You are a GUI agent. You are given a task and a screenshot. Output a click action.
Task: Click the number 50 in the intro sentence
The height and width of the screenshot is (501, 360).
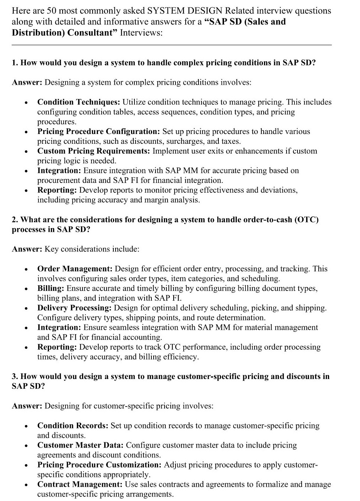[50, 11]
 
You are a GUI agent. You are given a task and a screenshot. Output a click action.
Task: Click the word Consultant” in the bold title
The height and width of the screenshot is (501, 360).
[92, 32]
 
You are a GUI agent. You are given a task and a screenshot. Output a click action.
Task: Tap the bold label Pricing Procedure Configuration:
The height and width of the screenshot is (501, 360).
[99, 131]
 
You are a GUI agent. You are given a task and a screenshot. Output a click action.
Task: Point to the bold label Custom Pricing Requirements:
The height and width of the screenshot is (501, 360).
[93, 151]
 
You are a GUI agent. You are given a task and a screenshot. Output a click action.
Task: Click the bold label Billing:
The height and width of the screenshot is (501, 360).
[51, 288]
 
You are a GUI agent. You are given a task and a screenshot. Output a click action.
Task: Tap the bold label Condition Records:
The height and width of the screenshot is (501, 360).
[73, 426]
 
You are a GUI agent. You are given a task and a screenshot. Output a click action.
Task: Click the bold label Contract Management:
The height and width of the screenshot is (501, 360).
[80, 484]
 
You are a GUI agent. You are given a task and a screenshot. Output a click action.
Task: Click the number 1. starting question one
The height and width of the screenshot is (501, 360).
[15, 62]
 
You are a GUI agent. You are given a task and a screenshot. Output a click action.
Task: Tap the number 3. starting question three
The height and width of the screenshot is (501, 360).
[15, 376]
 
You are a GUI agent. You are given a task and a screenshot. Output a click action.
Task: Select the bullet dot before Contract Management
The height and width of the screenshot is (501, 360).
[26, 485]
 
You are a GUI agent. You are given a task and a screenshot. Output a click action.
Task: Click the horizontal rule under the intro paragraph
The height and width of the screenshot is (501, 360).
[171, 45]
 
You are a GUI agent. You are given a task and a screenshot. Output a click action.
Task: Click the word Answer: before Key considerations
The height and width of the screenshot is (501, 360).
[27, 249]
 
